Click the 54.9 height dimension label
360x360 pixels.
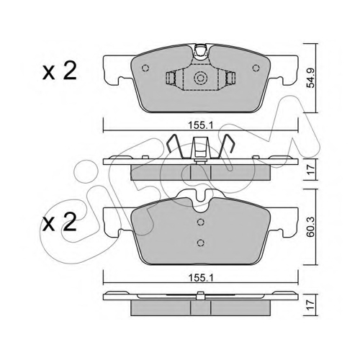(x=311, y=78)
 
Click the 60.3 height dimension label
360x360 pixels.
(x=311, y=228)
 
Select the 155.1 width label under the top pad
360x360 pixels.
(x=201, y=125)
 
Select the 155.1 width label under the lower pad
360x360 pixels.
(x=201, y=278)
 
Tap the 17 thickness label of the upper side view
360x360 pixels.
(x=311, y=169)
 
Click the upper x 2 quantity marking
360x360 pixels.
(x=60, y=71)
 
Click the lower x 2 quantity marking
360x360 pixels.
(x=60, y=222)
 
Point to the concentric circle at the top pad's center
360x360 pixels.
(x=200, y=78)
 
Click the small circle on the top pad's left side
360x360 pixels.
(x=145, y=68)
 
